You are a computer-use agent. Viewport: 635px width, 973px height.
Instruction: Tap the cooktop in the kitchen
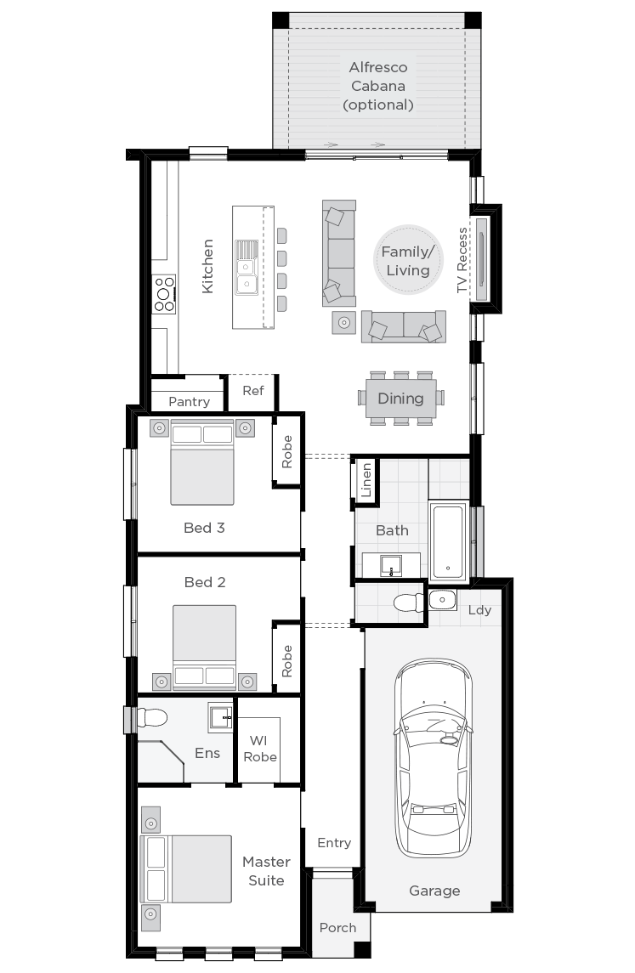(x=163, y=294)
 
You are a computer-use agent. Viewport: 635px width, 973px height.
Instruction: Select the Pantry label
(x=189, y=401)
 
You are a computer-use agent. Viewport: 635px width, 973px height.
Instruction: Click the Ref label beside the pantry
(x=253, y=391)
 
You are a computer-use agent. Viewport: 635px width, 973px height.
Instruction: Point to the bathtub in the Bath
(x=448, y=541)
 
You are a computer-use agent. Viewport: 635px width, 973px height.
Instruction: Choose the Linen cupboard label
(x=366, y=480)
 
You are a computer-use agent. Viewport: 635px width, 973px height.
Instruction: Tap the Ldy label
(x=479, y=610)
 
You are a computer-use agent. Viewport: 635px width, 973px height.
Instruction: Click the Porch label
(x=337, y=927)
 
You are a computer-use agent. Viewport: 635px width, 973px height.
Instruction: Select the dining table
(x=400, y=399)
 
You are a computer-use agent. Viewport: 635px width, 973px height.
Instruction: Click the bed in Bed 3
(x=202, y=463)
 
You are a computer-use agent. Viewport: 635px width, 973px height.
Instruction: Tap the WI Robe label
(x=259, y=749)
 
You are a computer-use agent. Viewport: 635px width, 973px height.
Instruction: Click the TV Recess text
(x=462, y=260)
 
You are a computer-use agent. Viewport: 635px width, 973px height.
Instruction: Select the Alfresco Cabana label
(x=377, y=86)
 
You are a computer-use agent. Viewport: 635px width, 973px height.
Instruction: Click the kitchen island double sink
(x=247, y=267)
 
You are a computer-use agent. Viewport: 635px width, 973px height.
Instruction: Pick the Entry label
(x=334, y=843)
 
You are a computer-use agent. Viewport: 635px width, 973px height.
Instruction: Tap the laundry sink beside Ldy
(x=443, y=600)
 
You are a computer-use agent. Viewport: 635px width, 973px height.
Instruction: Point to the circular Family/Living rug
(x=406, y=261)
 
